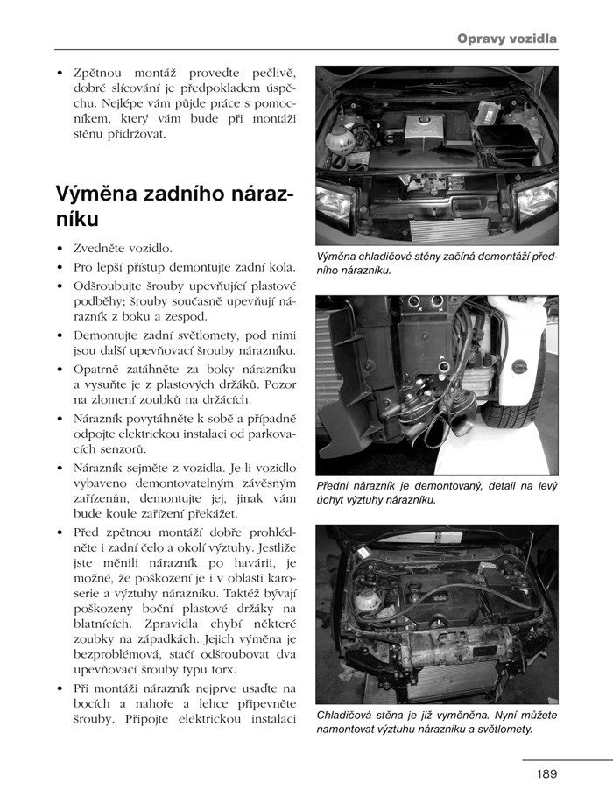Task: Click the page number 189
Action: coord(547,773)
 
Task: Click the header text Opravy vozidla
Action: coord(507,39)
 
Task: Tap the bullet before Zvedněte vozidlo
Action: coord(59,249)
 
